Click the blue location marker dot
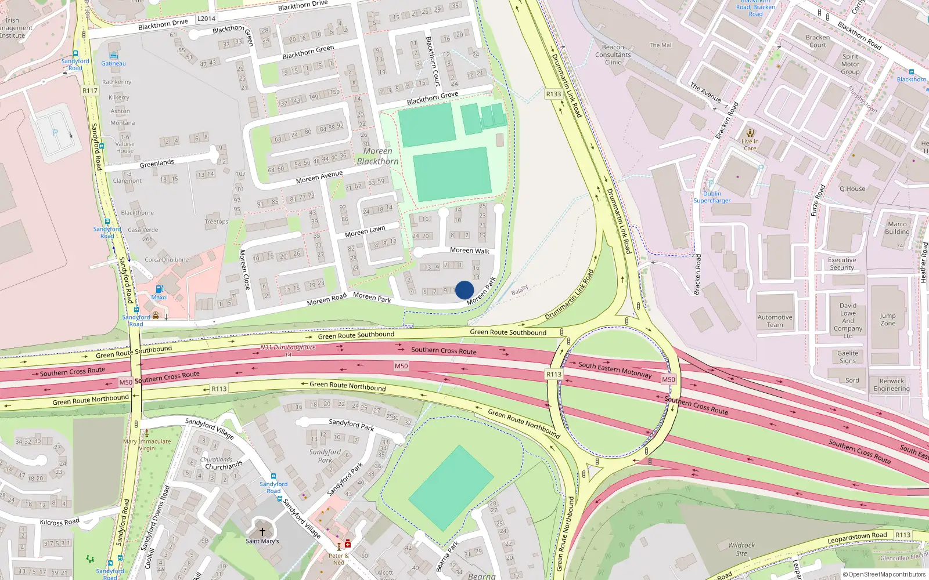coord(464,290)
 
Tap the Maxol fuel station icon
coord(159,289)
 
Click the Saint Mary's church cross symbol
coord(262,531)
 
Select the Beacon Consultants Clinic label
coord(613,55)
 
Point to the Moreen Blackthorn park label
coord(378,156)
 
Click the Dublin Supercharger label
coord(712,197)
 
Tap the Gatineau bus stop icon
coord(113,55)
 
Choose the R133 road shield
coord(553,94)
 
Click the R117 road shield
coord(90,90)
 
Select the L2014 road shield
coord(206,19)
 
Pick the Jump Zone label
coord(888,320)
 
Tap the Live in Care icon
coord(750,133)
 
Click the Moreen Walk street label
coord(470,251)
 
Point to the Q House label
coord(852,188)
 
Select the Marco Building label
coord(897,228)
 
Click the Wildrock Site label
coord(741,549)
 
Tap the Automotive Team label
coord(775,321)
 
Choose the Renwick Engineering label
coord(891,385)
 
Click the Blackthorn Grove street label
coord(433,97)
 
